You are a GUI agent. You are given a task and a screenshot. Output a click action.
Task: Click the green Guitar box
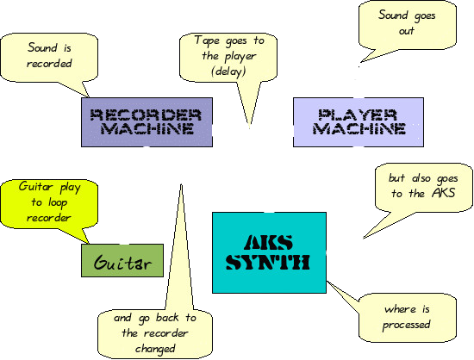pos(122,260)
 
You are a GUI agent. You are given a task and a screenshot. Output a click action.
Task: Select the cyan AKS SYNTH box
pos(269,252)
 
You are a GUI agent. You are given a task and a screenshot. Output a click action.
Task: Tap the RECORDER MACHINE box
pos(147,122)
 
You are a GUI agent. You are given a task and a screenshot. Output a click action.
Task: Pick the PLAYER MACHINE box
pos(359,122)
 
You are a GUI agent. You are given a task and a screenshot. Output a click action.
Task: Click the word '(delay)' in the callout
pos(228,71)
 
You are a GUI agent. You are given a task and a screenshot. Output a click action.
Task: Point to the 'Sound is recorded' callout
pos(49,58)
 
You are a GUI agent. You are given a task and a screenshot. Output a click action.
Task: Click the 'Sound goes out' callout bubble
pos(407,26)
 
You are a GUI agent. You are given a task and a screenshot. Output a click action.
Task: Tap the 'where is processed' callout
pos(407,317)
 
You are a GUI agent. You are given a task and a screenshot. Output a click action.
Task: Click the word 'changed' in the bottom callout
pos(155,349)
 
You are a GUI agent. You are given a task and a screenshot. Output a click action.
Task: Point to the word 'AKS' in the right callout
pos(443,193)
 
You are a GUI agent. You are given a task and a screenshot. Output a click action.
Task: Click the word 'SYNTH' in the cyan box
pos(268,262)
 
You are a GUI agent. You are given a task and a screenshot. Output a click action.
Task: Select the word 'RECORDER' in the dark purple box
pos(146,115)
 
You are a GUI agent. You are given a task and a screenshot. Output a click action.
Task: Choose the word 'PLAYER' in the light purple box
pos(358,115)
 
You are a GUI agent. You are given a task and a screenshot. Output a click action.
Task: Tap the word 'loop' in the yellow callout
pos(58,202)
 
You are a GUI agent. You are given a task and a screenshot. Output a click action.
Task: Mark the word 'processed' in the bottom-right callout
pos(406,325)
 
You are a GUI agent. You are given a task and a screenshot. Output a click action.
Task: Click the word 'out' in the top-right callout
pos(406,31)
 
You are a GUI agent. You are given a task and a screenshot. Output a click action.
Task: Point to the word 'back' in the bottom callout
pos(167,318)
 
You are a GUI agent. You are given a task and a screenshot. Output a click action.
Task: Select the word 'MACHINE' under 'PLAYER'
pos(359,129)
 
